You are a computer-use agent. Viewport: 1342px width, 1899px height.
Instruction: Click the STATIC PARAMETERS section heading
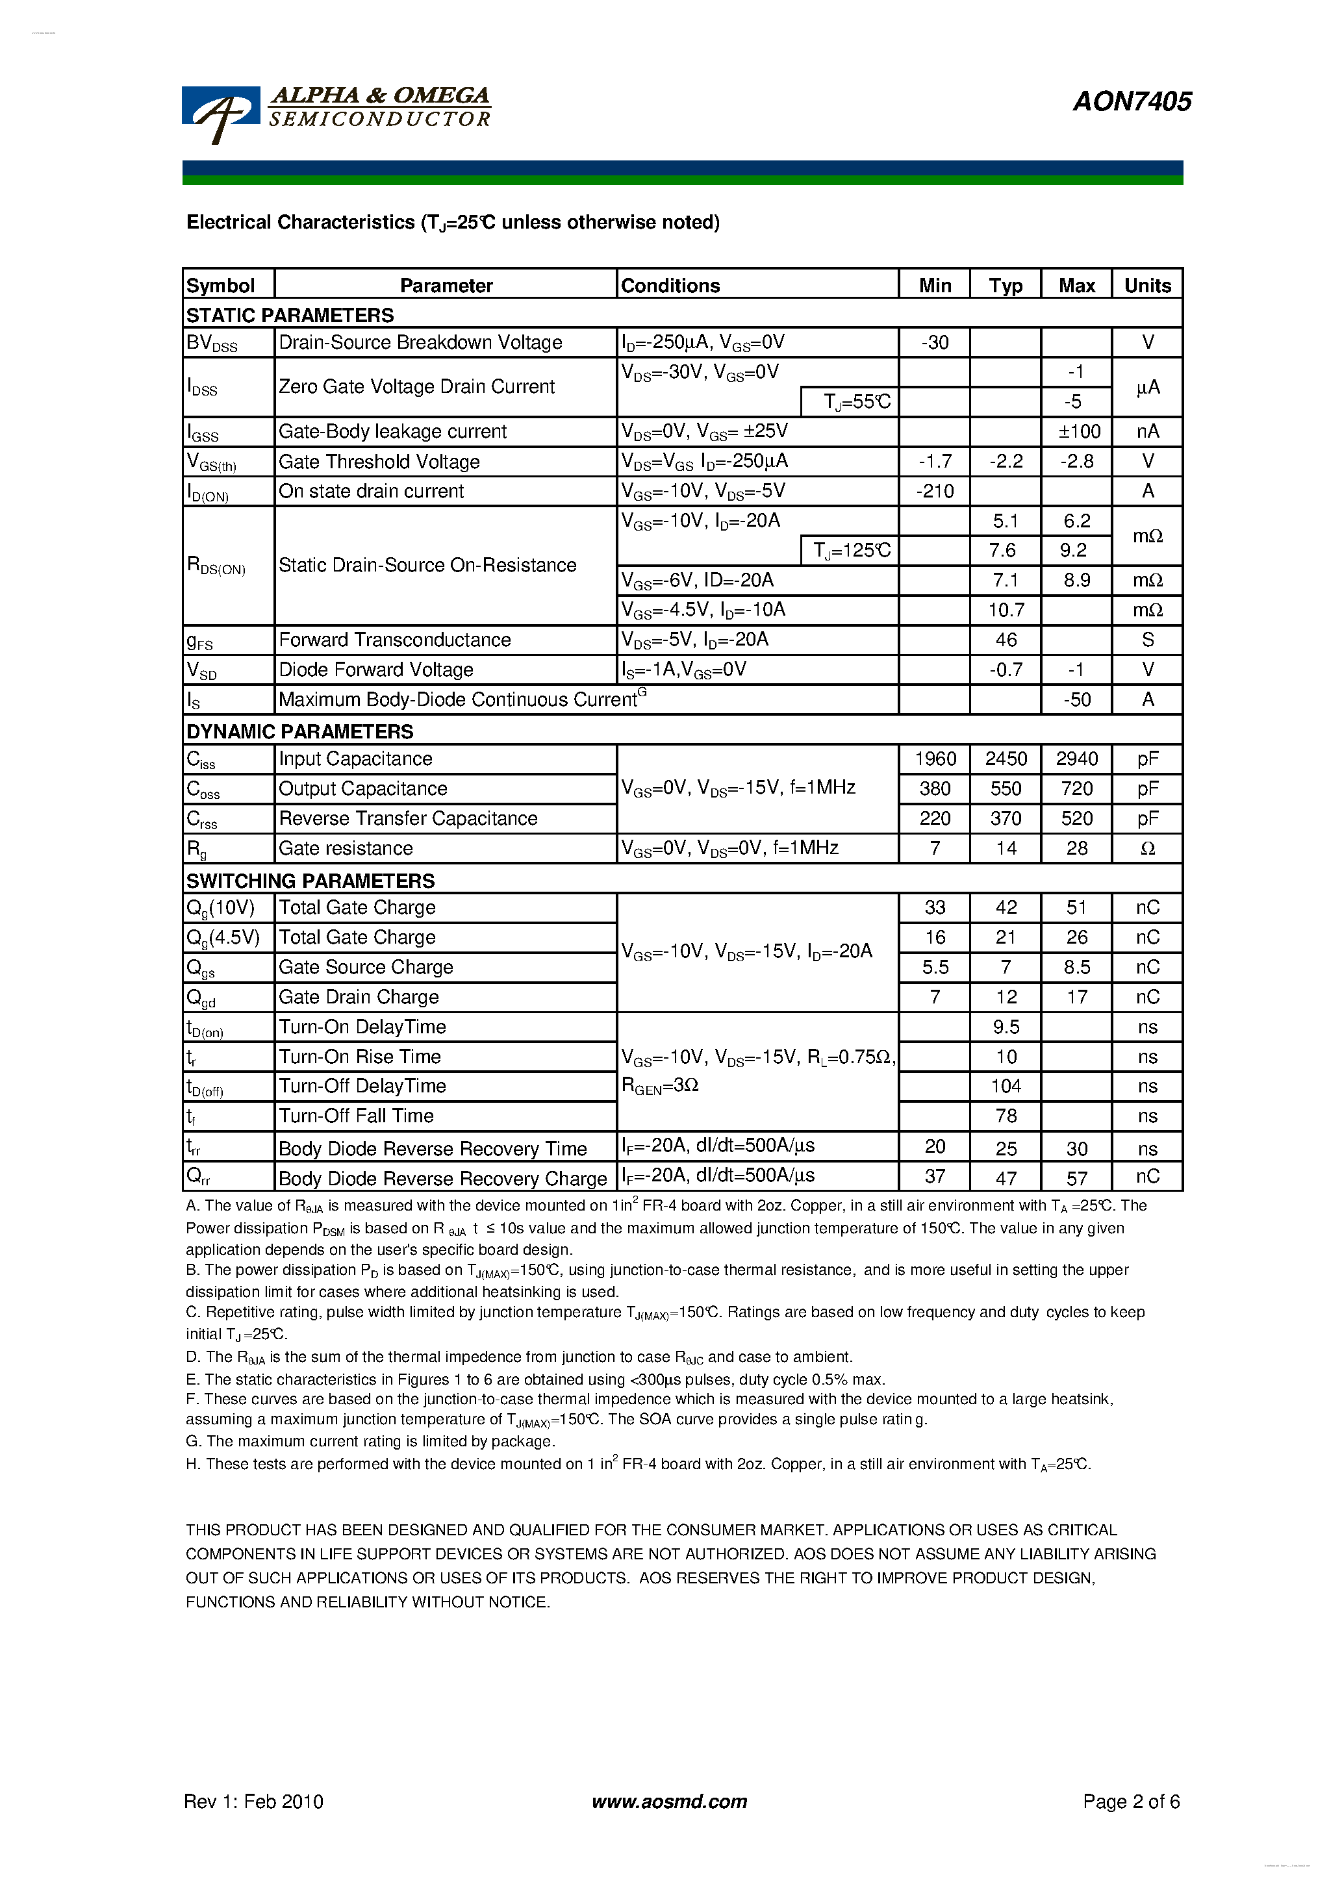coord(290,315)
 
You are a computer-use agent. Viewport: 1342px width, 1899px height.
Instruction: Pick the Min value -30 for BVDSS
coord(934,342)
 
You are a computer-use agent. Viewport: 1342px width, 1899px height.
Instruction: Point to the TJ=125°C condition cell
coord(850,550)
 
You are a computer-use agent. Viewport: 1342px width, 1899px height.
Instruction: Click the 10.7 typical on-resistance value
coord(1006,610)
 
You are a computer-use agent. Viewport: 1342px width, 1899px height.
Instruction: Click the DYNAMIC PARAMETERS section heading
coord(299,731)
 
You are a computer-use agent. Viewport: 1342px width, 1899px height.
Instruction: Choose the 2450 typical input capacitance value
coord(1006,759)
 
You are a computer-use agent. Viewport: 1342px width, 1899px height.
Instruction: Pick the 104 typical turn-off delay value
coord(1006,1086)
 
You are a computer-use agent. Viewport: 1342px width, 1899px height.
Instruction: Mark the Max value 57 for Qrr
coord(1076,1177)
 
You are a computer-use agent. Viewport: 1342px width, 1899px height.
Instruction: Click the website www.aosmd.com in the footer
coord(669,1802)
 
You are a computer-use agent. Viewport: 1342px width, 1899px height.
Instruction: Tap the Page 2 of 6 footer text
coord(1130,1802)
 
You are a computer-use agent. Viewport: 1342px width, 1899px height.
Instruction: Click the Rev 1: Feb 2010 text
coord(253,1802)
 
